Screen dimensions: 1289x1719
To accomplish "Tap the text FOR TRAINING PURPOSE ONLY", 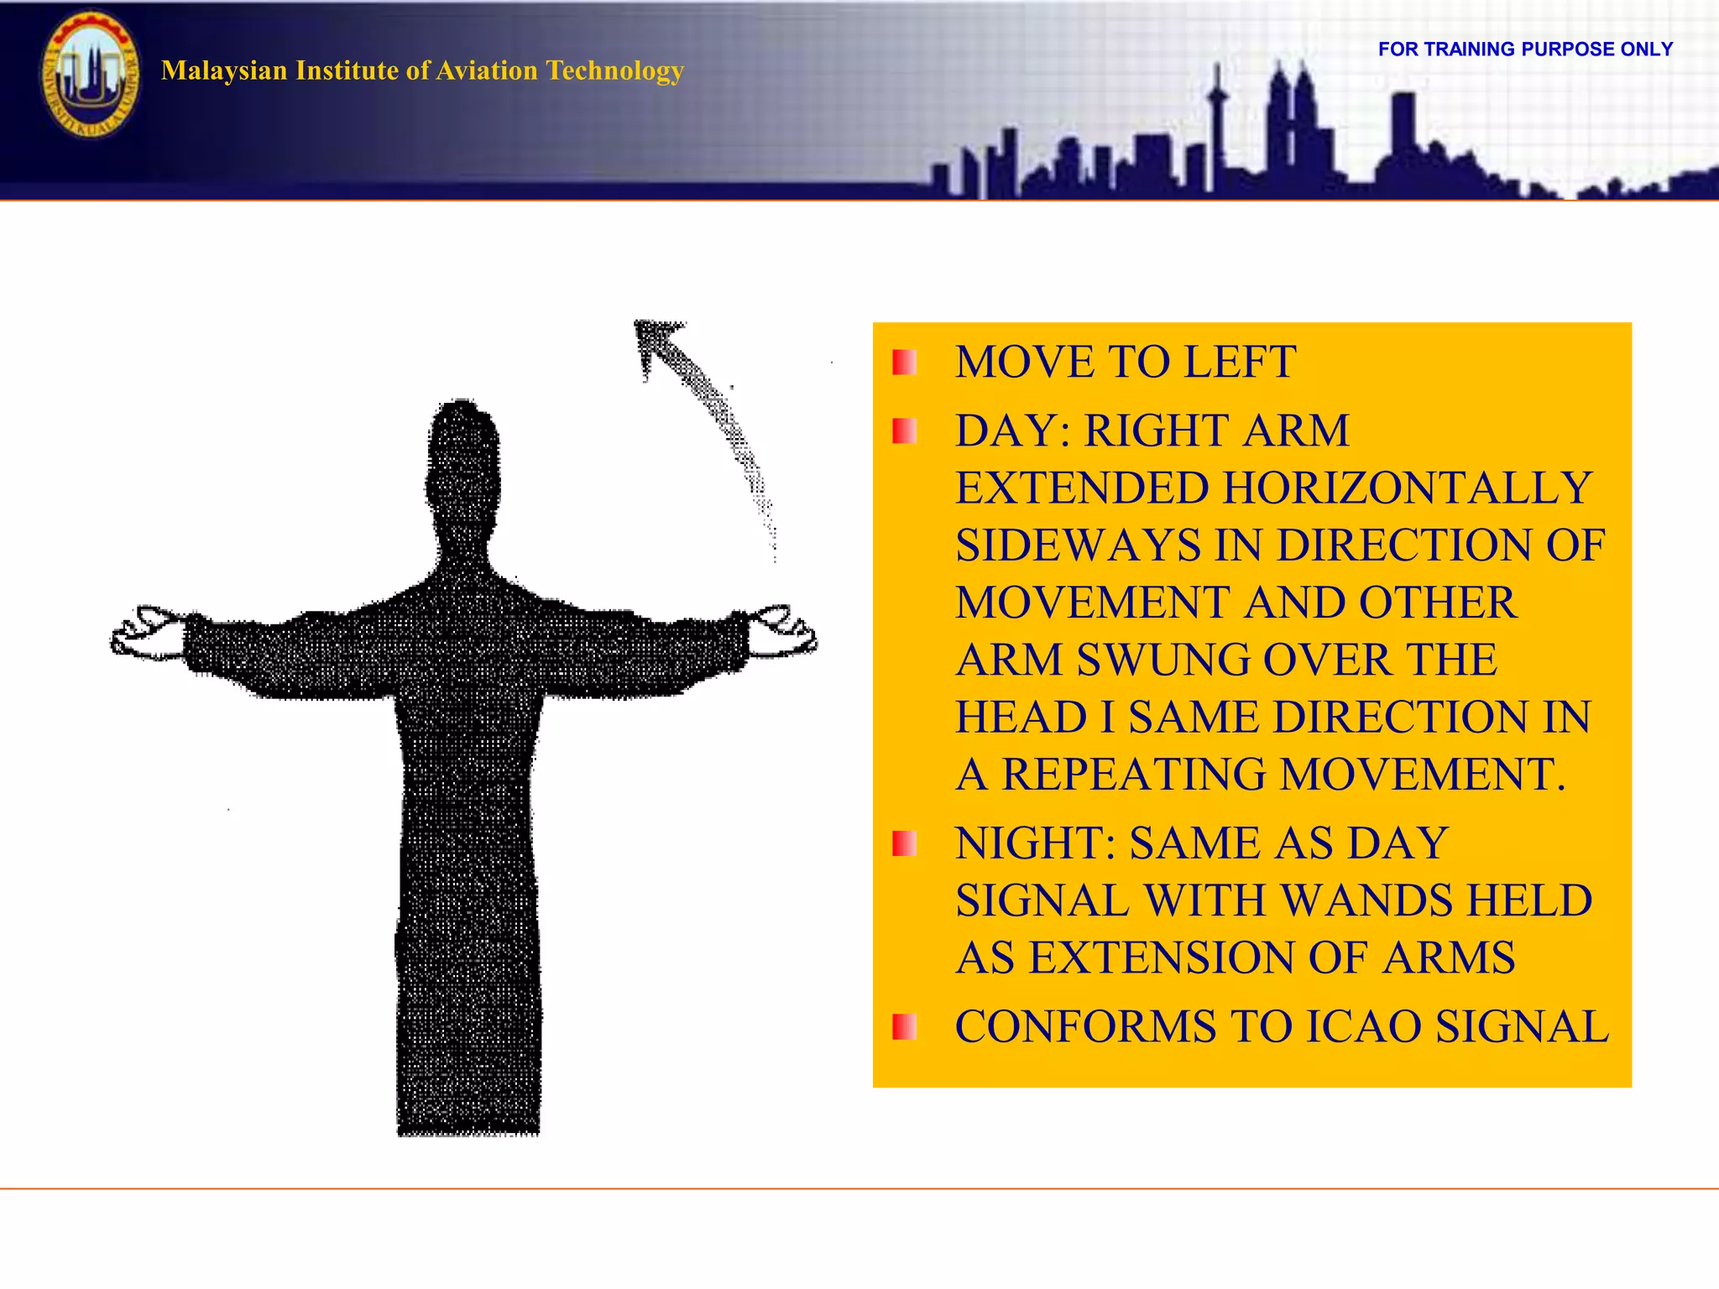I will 1525,50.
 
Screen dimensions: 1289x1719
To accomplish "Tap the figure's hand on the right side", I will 781,630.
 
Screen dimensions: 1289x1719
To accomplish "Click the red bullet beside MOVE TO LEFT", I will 904,363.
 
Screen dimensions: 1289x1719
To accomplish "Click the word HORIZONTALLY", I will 1408,488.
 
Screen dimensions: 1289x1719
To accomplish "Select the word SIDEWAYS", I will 1078,545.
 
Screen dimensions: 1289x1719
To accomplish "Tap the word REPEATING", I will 1133,775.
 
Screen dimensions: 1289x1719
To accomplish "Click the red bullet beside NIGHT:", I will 904,843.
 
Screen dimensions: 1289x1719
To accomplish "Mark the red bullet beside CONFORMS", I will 904,1027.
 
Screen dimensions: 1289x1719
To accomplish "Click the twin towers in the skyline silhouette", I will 1291,117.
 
